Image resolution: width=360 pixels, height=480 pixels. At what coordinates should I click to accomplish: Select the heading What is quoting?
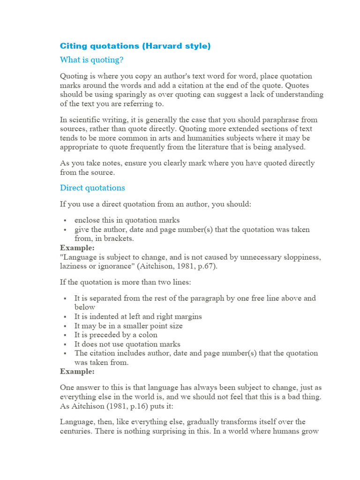92,60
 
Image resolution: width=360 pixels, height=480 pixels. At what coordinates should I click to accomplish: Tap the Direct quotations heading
92,187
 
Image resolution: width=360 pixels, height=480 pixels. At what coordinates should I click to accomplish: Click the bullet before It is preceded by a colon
64,335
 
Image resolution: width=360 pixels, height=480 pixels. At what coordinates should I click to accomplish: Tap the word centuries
76,431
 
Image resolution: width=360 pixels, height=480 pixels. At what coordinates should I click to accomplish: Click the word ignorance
111,266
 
